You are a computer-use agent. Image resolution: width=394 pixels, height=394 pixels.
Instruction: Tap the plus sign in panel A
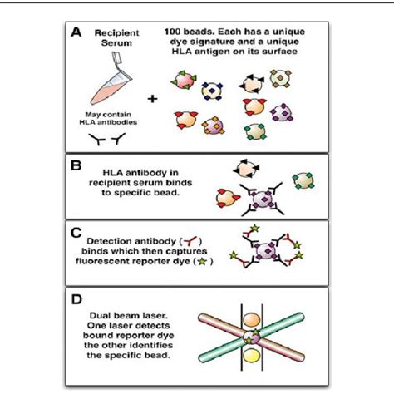coord(152,98)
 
